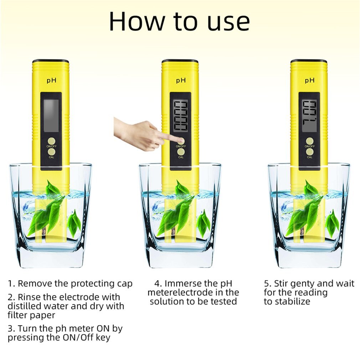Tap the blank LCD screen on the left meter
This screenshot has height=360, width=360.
(51, 112)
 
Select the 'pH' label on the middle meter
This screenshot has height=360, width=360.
(181, 81)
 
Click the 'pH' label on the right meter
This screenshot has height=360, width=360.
(309, 81)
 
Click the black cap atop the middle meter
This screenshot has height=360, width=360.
(180, 61)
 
